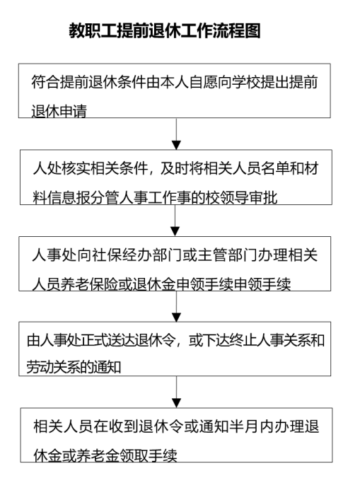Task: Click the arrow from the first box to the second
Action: (x=176, y=134)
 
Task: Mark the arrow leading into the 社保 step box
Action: (x=175, y=221)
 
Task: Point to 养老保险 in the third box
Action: (x=88, y=284)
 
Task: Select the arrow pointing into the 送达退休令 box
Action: (x=176, y=306)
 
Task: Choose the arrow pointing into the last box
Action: (x=176, y=392)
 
